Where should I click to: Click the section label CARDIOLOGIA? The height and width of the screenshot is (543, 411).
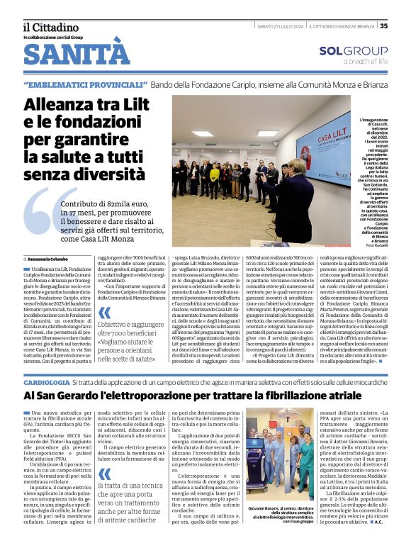46,382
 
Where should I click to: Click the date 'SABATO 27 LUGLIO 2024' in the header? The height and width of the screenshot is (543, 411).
281,26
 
